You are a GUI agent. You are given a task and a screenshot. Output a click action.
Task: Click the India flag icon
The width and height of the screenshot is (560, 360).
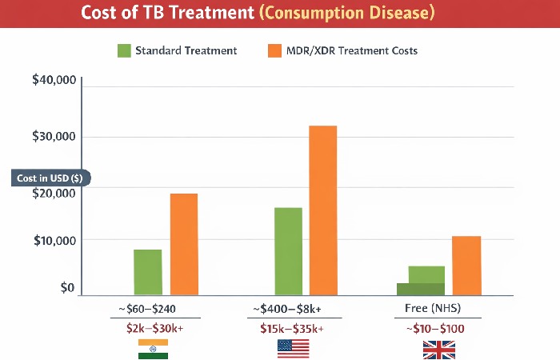pyautogui.click(x=153, y=349)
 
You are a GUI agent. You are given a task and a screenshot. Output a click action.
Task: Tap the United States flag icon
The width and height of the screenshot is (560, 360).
pyautogui.click(x=292, y=349)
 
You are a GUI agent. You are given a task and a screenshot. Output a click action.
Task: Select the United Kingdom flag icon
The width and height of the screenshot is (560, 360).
pyautogui.click(x=439, y=349)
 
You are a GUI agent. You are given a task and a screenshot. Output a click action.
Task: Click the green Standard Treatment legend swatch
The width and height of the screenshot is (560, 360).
pyautogui.click(x=124, y=50)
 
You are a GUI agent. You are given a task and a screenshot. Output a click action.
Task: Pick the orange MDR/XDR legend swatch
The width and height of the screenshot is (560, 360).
pyautogui.click(x=273, y=50)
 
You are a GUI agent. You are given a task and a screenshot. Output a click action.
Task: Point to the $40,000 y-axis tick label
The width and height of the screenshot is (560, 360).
pyautogui.click(x=53, y=81)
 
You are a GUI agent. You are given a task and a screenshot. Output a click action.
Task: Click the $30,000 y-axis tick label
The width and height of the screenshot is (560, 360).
pyautogui.click(x=53, y=137)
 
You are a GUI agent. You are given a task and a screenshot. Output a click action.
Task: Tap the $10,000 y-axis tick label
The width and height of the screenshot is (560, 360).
pyautogui.click(x=53, y=241)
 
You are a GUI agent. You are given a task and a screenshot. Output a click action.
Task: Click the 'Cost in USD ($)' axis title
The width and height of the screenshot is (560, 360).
pyautogui.click(x=49, y=178)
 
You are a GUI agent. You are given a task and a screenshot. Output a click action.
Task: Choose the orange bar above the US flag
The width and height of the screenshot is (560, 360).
pyautogui.click(x=323, y=210)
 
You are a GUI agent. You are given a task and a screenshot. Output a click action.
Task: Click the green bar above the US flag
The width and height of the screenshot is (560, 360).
pyautogui.click(x=288, y=251)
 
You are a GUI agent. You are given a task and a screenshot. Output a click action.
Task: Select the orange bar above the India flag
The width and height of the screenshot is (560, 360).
pyautogui.click(x=183, y=244)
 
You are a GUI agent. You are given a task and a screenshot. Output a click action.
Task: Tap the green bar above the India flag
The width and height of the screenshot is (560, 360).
pyautogui.click(x=148, y=272)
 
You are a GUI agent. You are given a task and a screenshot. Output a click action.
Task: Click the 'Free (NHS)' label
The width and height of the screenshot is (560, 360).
pyautogui.click(x=433, y=309)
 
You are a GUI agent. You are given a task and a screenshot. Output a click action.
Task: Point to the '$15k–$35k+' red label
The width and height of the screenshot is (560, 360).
pyautogui.click(x=292, y=329)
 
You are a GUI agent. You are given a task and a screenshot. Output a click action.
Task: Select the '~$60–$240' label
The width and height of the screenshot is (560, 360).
pyautogui.click(x=153, y=309)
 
